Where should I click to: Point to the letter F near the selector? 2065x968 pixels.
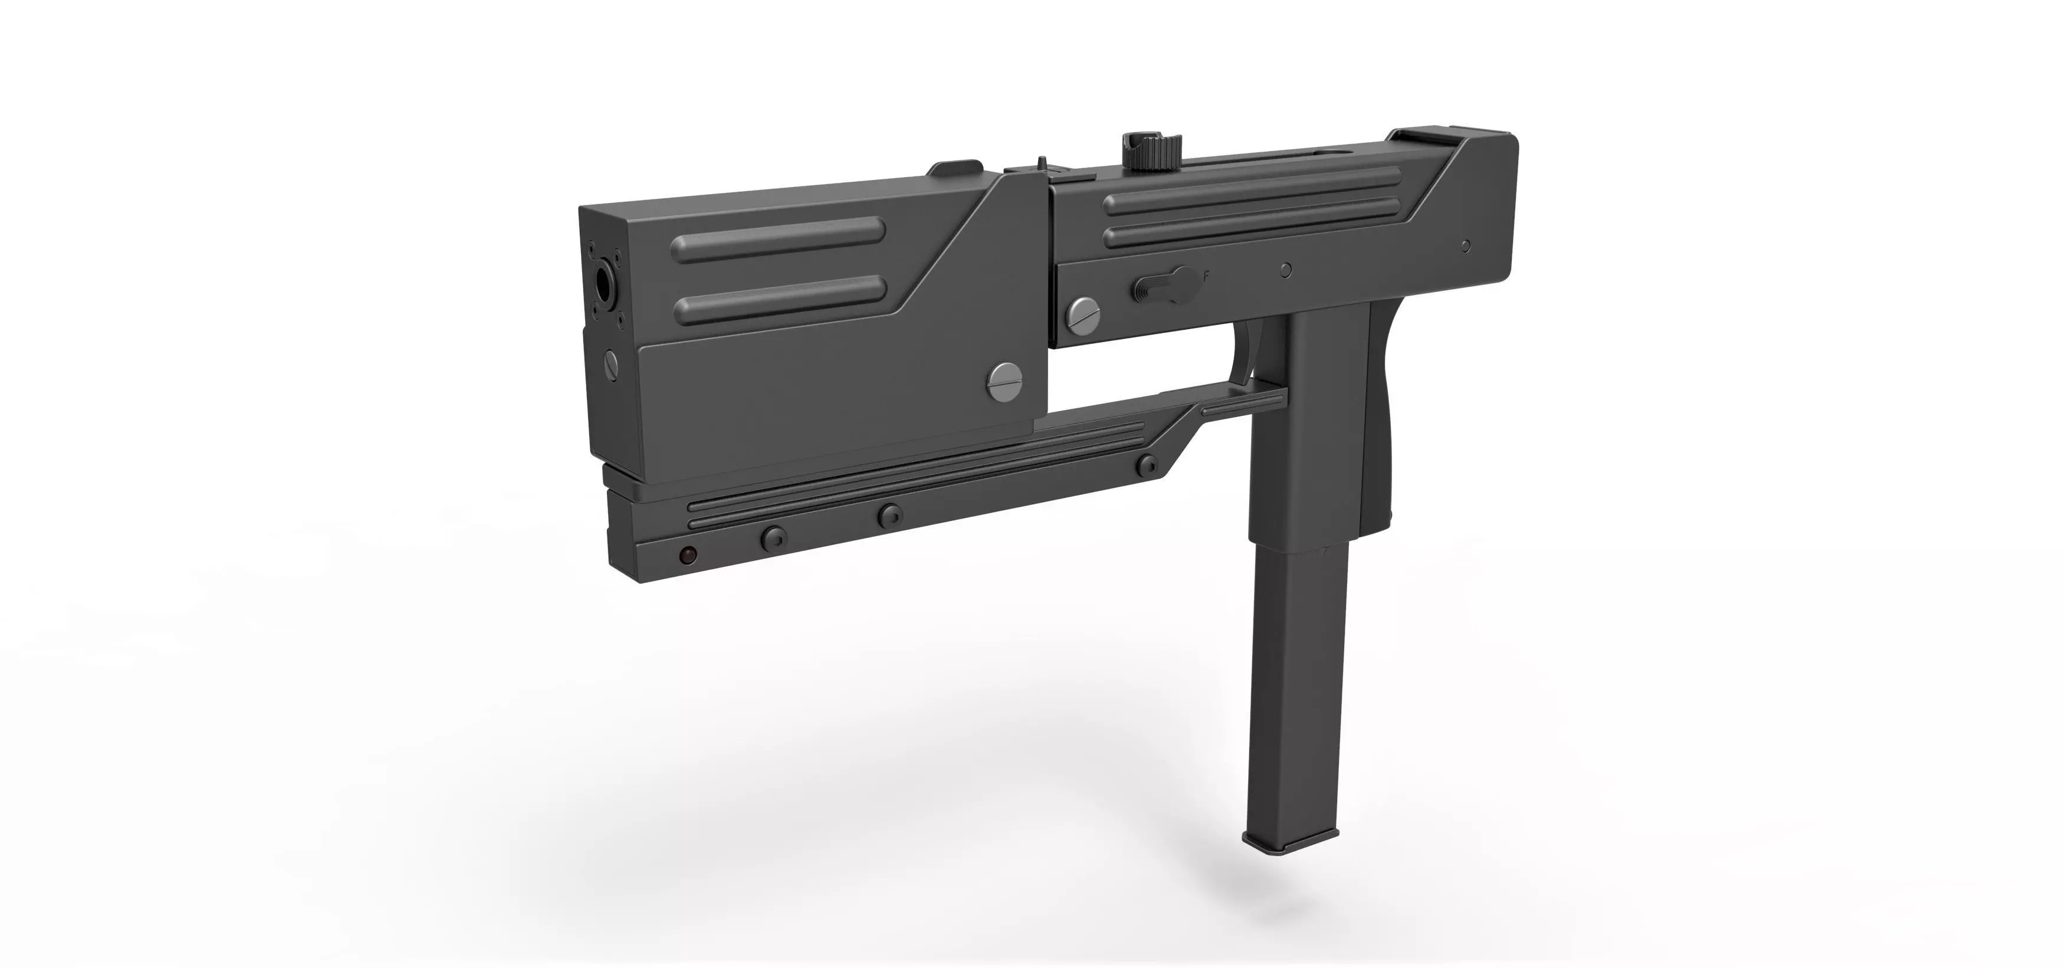(x=1206, y=275)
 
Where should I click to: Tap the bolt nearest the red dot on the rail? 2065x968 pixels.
(x=774, y=538)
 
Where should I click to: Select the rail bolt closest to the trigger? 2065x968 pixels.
(x=1149, y=465)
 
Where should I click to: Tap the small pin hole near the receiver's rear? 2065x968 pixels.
(x=1465, y=245)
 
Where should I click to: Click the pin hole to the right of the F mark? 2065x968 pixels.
(x=1286, y=270)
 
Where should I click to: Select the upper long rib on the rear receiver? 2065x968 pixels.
(x=1250, y=195)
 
